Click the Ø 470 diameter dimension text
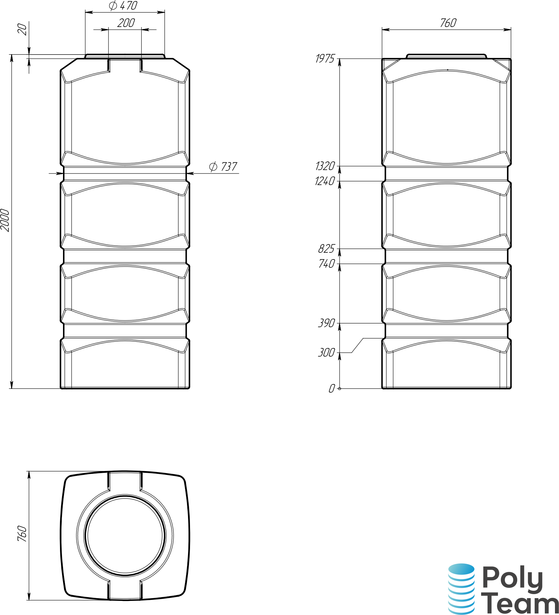pyautogui.click(x=123, y=6)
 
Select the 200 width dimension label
pyautogui.click(x=126, y=23)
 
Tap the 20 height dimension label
pyautogui.click(x=22, y=29)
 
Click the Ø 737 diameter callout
pyautogui.click(x=223, y=166)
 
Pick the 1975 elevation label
pyautogui.click(x=325, y=59)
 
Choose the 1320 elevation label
pyautogui.click(x=325, y=166)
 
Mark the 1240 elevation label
pyautogui.click(x=325, y=181)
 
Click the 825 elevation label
pyautogui.click(x=326, y=249)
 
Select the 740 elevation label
pyautogui.click(x=326, y=264)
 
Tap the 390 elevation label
pyautogui.click(x=326, y=323)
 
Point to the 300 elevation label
pyautogui.click(x=326, y=352)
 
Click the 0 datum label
pyautogui.click(x=332, y=389)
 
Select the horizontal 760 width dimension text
pyautogui.click(x=448, y=23)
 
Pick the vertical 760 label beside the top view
pyautogui.click(x=22, y=533)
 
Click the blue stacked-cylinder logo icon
pyautogui.click(x=461, y=589)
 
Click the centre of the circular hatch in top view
pyautogui.click(x=125, y=535)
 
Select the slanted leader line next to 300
pyautogui.click(x=358, y=345)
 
